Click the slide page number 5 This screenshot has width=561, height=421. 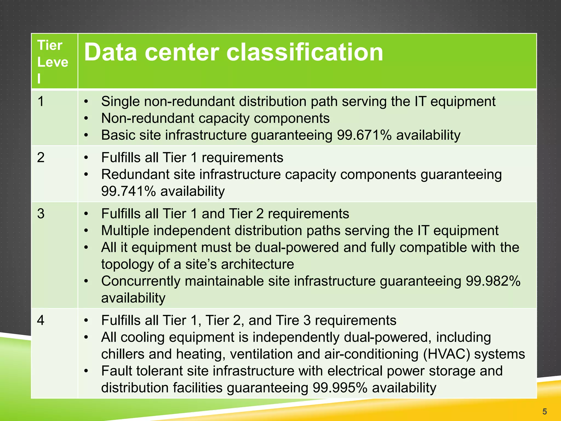[x=545, y=411]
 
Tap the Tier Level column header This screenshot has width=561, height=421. [x=52, y=62]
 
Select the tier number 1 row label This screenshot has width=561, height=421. [x=41, y=101]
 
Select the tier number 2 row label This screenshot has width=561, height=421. [x=41, y=158]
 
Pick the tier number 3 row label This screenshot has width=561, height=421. [x=41, y=214]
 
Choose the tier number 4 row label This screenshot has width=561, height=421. [x=41, y=320]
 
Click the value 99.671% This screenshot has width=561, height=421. [x=364, y=135]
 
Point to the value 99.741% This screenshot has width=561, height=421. [x=128, y=191]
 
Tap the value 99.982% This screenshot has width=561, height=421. [x=493, y=281]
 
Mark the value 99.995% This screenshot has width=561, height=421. [x=340, y=388]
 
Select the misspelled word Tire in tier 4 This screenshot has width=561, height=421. [x=287, y=320]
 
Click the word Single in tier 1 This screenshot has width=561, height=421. [x=120, y=101]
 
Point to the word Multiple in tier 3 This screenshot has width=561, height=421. [x=125, y=231]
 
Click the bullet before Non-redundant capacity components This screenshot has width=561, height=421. [x=86, y=118]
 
